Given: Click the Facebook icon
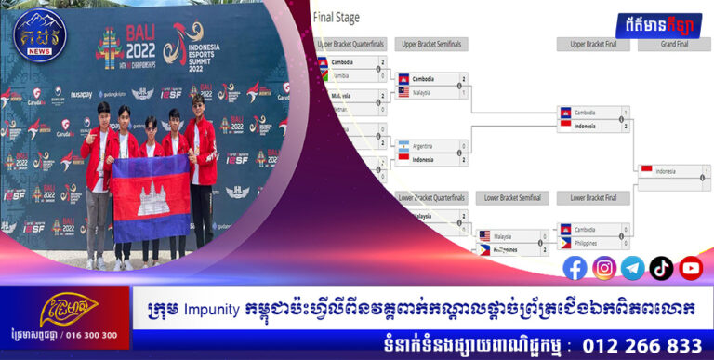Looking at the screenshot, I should (575, 268).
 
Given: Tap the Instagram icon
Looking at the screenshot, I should (604, 268).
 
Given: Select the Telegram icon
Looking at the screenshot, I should (633, 268).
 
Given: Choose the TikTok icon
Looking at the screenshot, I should (662, 268).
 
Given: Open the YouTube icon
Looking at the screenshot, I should (691, 268).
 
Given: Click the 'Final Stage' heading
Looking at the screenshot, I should (337, 17).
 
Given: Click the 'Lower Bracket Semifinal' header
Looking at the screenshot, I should (513, 198).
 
